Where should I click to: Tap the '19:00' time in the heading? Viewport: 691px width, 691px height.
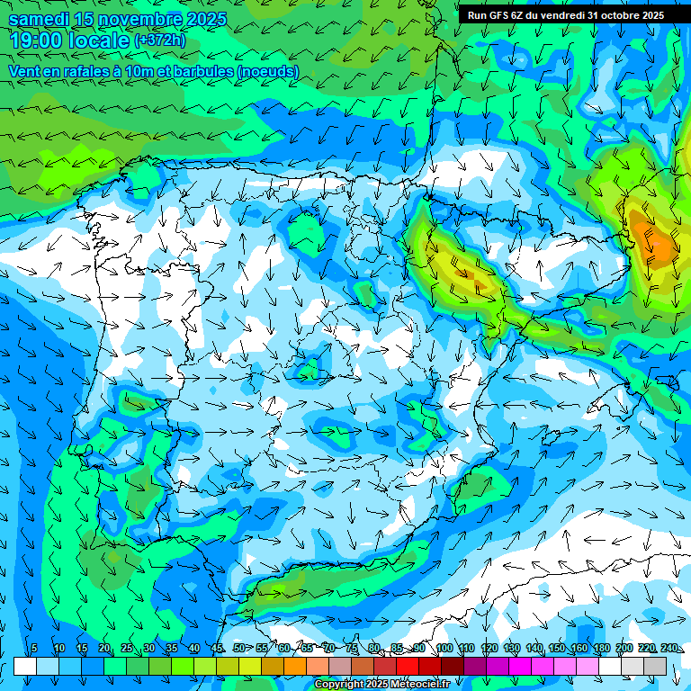pos(35,40)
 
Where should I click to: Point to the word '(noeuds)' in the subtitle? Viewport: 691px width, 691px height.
pos(267,71)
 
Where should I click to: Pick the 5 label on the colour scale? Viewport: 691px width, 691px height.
pos(34,648)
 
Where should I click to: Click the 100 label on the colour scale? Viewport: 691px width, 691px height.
pos(444,648)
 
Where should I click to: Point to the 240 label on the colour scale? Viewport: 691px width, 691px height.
pos(669,648)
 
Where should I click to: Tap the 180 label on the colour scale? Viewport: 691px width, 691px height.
pos(601,648)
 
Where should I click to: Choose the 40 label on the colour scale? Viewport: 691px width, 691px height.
pos(194,648)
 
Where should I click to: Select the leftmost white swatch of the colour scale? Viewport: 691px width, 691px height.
pos(25,666)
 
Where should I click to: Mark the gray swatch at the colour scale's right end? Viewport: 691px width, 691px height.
pos(655,666)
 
